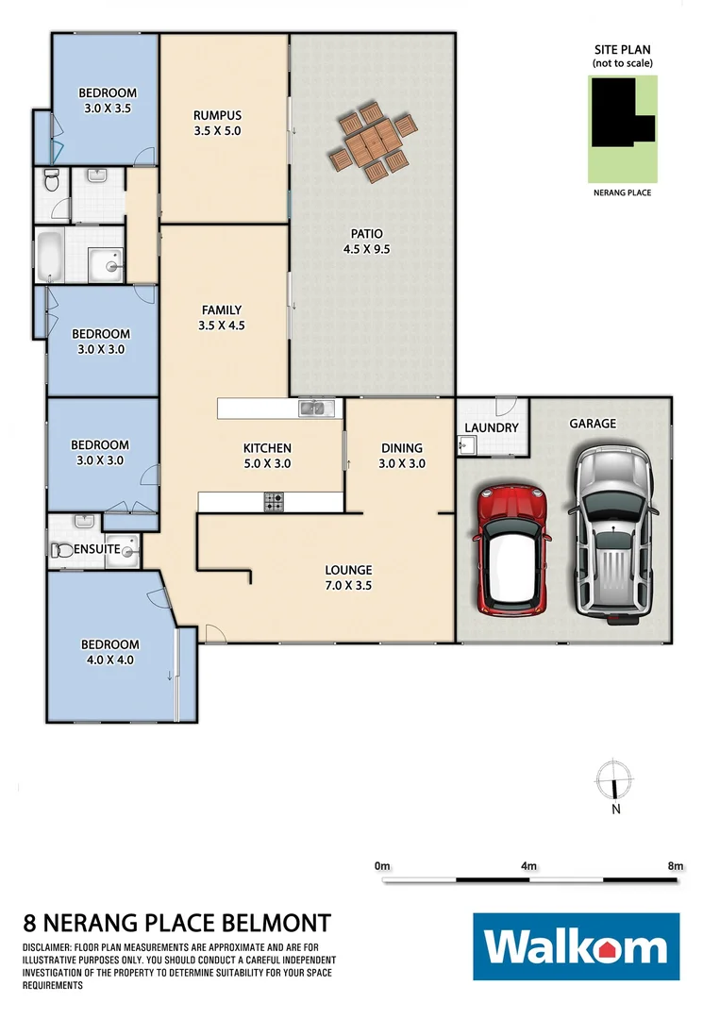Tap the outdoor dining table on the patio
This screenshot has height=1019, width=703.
(x=373, y=144)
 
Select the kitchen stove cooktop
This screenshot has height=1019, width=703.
(x=275, y=503)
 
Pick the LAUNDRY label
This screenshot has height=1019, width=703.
(x=492, y=427)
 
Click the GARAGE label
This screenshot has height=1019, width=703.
(x=593, y=424)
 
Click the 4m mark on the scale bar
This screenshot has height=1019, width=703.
(x=528, y=865)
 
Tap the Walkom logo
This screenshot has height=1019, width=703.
(x=576, y=947)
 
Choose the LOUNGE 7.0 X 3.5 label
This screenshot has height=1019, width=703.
(x=348, y=577)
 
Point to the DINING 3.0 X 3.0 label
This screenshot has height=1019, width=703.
(x=402, y=456)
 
